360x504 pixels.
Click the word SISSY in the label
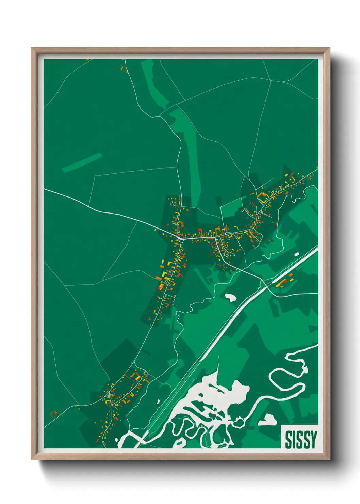click(x=301, y=440)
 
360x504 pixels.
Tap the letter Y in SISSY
click(x=313, y=440)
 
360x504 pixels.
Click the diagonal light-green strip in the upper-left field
click(x=82, y=162)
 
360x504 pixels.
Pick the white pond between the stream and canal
click(x=231, y=297)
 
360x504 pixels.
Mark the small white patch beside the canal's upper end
click(x=297, y=254)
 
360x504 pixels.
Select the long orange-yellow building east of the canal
click(x=281, y=283)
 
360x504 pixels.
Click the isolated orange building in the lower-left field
click(x=53, y=413)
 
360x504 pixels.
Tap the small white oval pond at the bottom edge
click(x=179, y=443)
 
